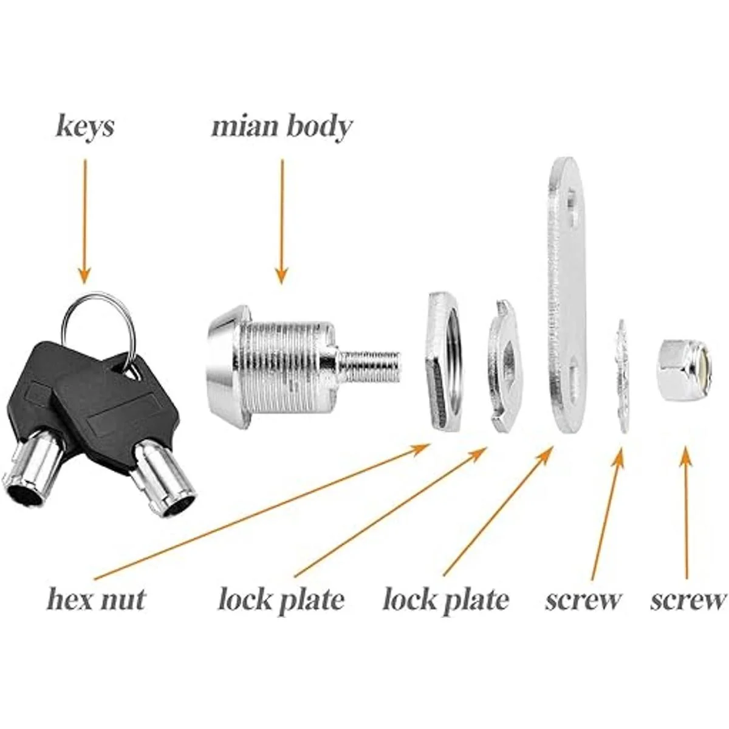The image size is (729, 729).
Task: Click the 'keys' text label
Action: (x=84, y=127)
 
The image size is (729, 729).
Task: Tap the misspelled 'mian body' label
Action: (x=281, y=127)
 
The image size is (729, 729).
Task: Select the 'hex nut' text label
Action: (x=96, y=600)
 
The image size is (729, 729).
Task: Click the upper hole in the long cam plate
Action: (x=572, y=200)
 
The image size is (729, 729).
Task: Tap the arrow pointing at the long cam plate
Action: (x=498, y=510)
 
